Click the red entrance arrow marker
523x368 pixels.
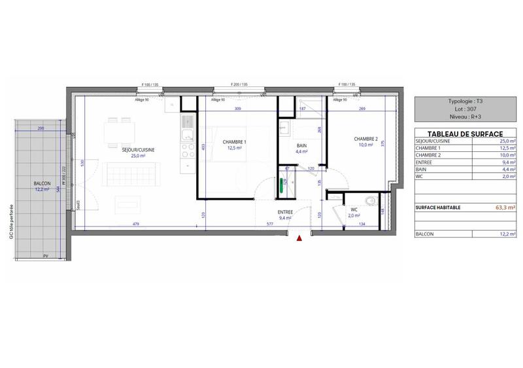pos(299,239)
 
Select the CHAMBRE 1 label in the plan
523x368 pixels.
pos(235,142)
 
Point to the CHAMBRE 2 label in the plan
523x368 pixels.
pos(366,139)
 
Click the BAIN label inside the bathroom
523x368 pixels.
pos(302,146)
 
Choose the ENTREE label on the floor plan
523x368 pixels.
pos(285,212)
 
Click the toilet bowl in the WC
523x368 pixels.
pos(371,202)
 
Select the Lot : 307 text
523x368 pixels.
pos(465,109)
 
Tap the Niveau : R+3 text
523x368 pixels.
pos(465,117)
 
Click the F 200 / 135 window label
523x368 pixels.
pos(241,85)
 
